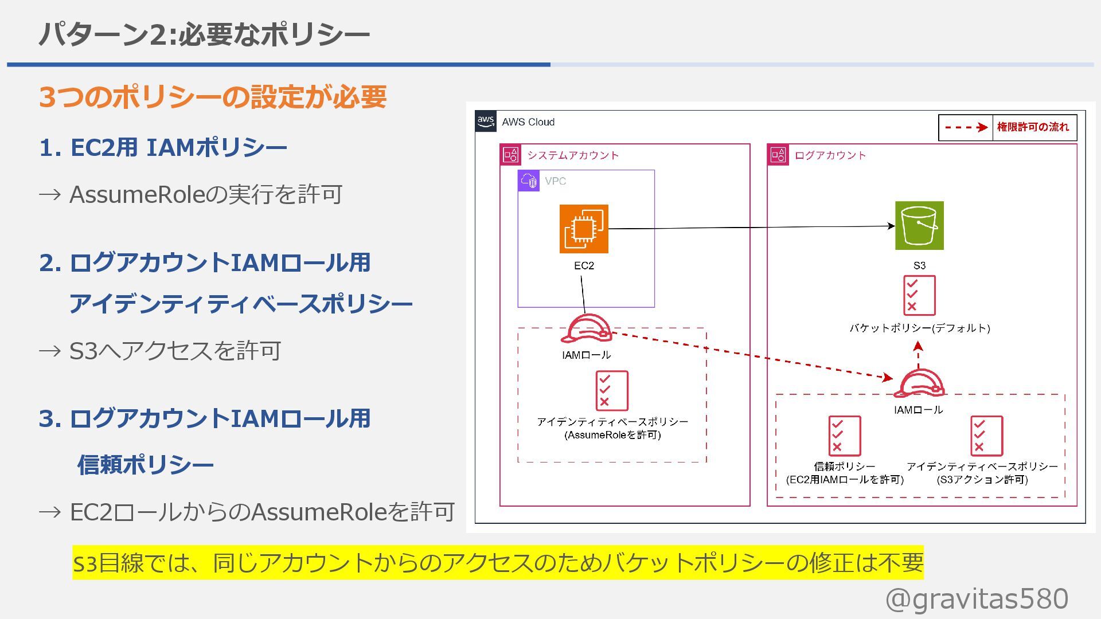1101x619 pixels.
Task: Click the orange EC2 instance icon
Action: click(584, 229)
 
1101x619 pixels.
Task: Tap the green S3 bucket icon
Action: click(919, 225)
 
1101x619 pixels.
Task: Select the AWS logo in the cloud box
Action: click(485, 122)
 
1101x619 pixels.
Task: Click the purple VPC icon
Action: click(528, 181)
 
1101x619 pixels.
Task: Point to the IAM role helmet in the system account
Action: click(586, 330)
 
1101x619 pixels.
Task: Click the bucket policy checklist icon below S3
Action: click(919, 295)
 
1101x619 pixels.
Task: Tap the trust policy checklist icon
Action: click(844, 436)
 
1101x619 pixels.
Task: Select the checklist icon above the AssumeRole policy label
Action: click(612, 390)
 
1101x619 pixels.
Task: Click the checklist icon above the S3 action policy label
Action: click(986, 436)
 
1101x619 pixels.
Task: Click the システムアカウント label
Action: click(573, 155)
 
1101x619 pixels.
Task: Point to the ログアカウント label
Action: click(830, 155)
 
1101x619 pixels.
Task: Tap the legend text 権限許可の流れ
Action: click(1033, 127)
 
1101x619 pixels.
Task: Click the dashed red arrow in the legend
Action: click(966, 127)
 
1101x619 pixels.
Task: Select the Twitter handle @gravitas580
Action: click(977, 599)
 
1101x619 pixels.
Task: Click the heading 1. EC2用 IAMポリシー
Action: click(163, 148)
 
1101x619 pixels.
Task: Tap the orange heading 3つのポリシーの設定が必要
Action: click(213, 97)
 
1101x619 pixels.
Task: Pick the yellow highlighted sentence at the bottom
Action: click(498, 563)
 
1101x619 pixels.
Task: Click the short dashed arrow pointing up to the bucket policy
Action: click(918, 355)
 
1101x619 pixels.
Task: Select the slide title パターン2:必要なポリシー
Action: click(204, 34)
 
